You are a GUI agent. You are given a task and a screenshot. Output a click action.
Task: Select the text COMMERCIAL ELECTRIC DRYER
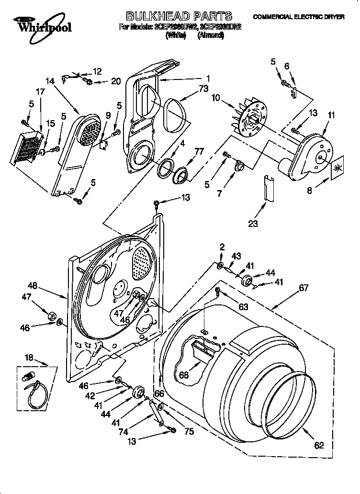299,17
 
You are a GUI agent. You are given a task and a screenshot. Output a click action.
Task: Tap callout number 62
319,446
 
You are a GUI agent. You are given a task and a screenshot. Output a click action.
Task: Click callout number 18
30,357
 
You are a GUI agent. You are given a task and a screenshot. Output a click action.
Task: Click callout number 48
32,286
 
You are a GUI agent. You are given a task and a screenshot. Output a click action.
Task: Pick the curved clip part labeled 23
268,188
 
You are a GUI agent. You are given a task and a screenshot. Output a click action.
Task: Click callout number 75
189,431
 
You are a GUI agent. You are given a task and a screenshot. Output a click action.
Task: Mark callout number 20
115,81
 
